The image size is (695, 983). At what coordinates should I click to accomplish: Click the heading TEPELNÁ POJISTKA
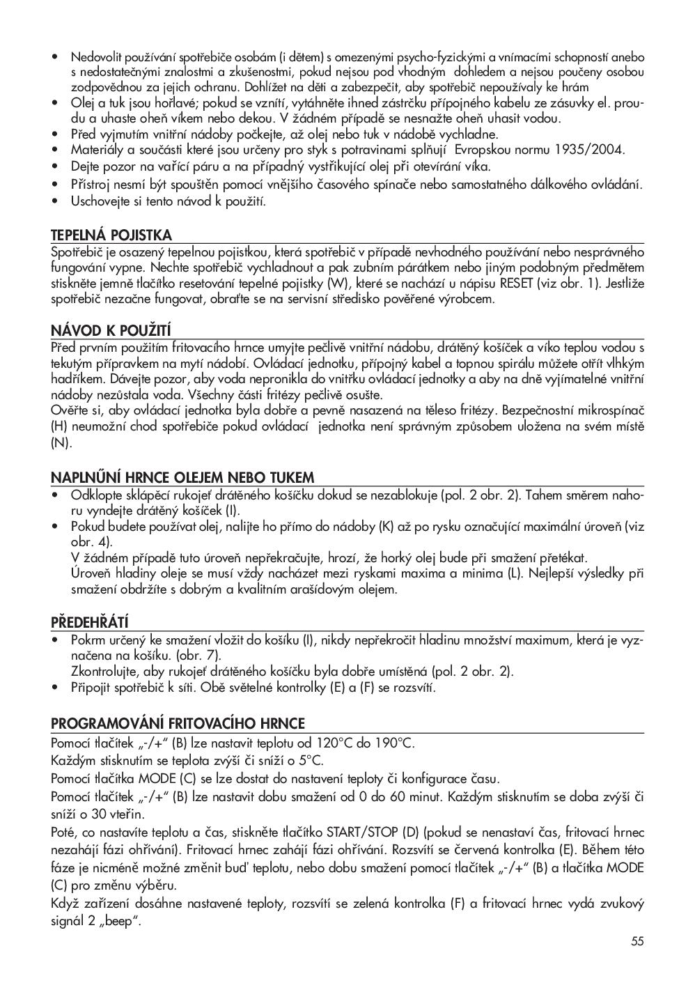(x=111, y=235)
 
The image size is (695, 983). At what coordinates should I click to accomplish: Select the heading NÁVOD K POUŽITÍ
(x=111, y=330)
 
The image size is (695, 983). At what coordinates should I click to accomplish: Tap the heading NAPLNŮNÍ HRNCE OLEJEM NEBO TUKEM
(x=182, y=477)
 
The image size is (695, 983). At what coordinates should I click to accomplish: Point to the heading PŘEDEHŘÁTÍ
(x=90, y=621)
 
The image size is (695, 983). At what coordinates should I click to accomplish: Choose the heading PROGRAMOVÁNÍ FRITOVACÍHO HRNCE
(x=178, y=723)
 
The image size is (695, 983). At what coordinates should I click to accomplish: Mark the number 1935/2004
(x=591, y=150)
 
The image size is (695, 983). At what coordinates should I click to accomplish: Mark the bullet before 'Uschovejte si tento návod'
(x=55, y=201)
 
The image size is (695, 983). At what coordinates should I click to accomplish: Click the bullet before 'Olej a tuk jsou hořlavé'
(x=55, y=103)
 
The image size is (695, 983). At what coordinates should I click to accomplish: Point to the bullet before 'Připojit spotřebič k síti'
(x=55, y=688)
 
